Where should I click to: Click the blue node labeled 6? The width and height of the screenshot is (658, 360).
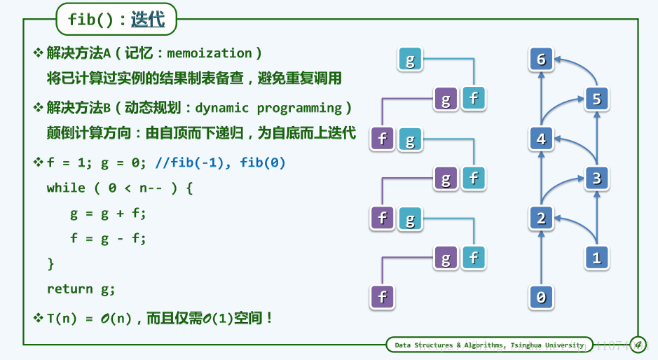(x=542, y=59)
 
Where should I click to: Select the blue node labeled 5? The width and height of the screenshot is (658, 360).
(x=597, y=99)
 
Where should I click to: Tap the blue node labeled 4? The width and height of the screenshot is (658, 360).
(x=542, y=139)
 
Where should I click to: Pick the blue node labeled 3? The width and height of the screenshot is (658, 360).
(x=597, y=179)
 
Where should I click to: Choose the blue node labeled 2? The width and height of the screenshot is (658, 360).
(x=542, y=219)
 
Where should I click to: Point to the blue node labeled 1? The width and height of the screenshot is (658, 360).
(x=597, y=258)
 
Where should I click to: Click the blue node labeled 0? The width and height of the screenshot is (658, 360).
(x=542, y=298)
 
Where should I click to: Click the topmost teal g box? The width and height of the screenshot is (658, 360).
(x=410, y=59)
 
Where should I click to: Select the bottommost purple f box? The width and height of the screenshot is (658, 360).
(x=383, y=298)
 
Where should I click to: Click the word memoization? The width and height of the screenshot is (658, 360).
(x=210, y=53)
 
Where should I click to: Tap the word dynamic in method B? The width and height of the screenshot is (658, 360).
(x=221, y=109)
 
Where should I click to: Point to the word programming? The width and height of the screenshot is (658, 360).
(x=300, y=109)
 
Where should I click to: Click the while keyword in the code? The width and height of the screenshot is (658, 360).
(x=66, y=188)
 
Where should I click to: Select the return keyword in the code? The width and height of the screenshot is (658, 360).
(x=69, y=289)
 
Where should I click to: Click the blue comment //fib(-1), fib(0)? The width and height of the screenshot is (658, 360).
(x=220, y=162)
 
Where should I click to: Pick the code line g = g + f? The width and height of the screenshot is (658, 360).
(x=108, y=214)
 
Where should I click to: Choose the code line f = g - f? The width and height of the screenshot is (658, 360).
(x=108, y=239)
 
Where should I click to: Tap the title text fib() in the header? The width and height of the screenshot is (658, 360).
(x=90, y=20)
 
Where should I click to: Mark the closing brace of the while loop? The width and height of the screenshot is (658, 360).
(x=50, y=264)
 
